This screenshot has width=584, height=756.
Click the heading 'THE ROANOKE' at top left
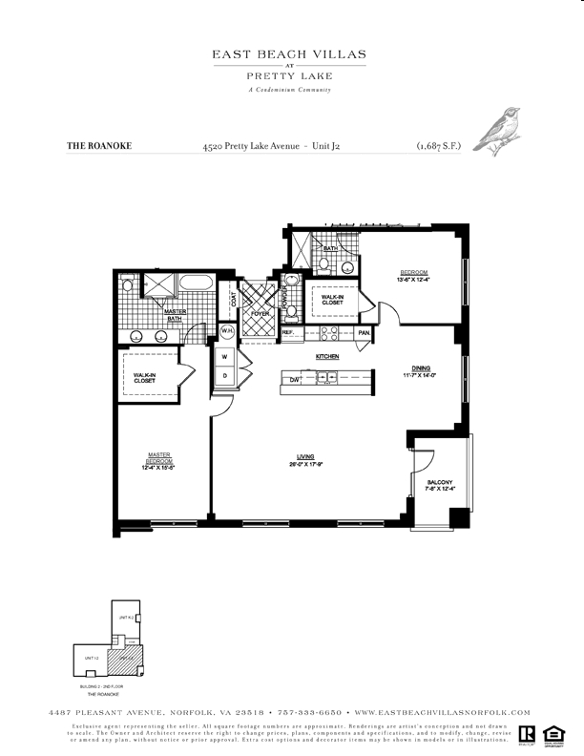[x=98, y=147]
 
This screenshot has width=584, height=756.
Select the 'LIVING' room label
[x=305, y=459]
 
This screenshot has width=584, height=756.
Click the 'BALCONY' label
[x=440, y=483]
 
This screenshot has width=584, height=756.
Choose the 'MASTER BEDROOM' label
[x=158, y=460]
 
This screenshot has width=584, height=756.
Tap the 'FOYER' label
[x=259, y=313]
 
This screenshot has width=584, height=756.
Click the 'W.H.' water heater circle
[x=227, y=332]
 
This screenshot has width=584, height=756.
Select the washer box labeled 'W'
[x=225, y=357]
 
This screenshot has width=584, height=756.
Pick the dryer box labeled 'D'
[x=225, y=376]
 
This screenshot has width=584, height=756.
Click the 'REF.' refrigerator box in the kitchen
[x=287, y=333]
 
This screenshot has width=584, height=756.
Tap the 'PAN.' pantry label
[x=364, y=333]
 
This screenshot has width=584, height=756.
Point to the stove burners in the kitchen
[x=328, y=334]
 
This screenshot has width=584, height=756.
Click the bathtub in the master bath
[x=197, y=283]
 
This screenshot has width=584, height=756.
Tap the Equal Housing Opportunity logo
[x=551, y=735]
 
